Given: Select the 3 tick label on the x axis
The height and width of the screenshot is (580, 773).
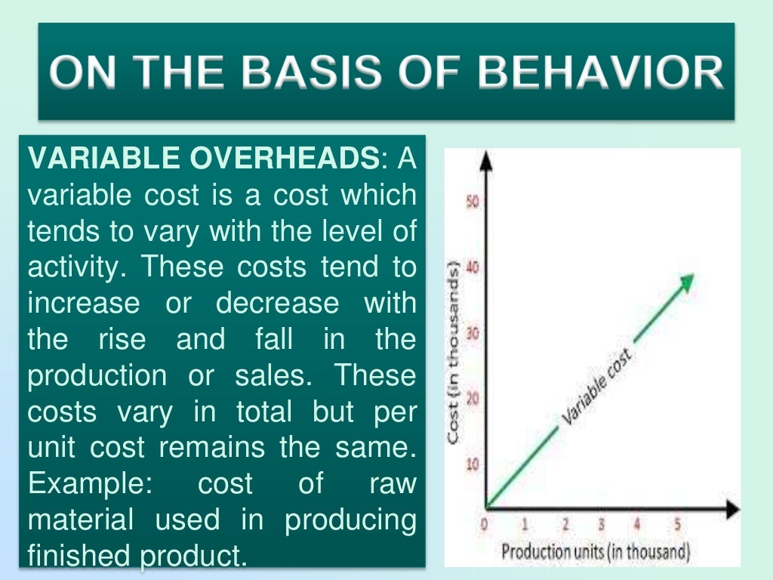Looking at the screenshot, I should click(x=601, y=524).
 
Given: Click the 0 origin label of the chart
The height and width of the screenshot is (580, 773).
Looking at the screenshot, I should click(x=485, y=523).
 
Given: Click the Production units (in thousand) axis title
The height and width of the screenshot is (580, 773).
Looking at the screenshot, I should click(x=596, y=552).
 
